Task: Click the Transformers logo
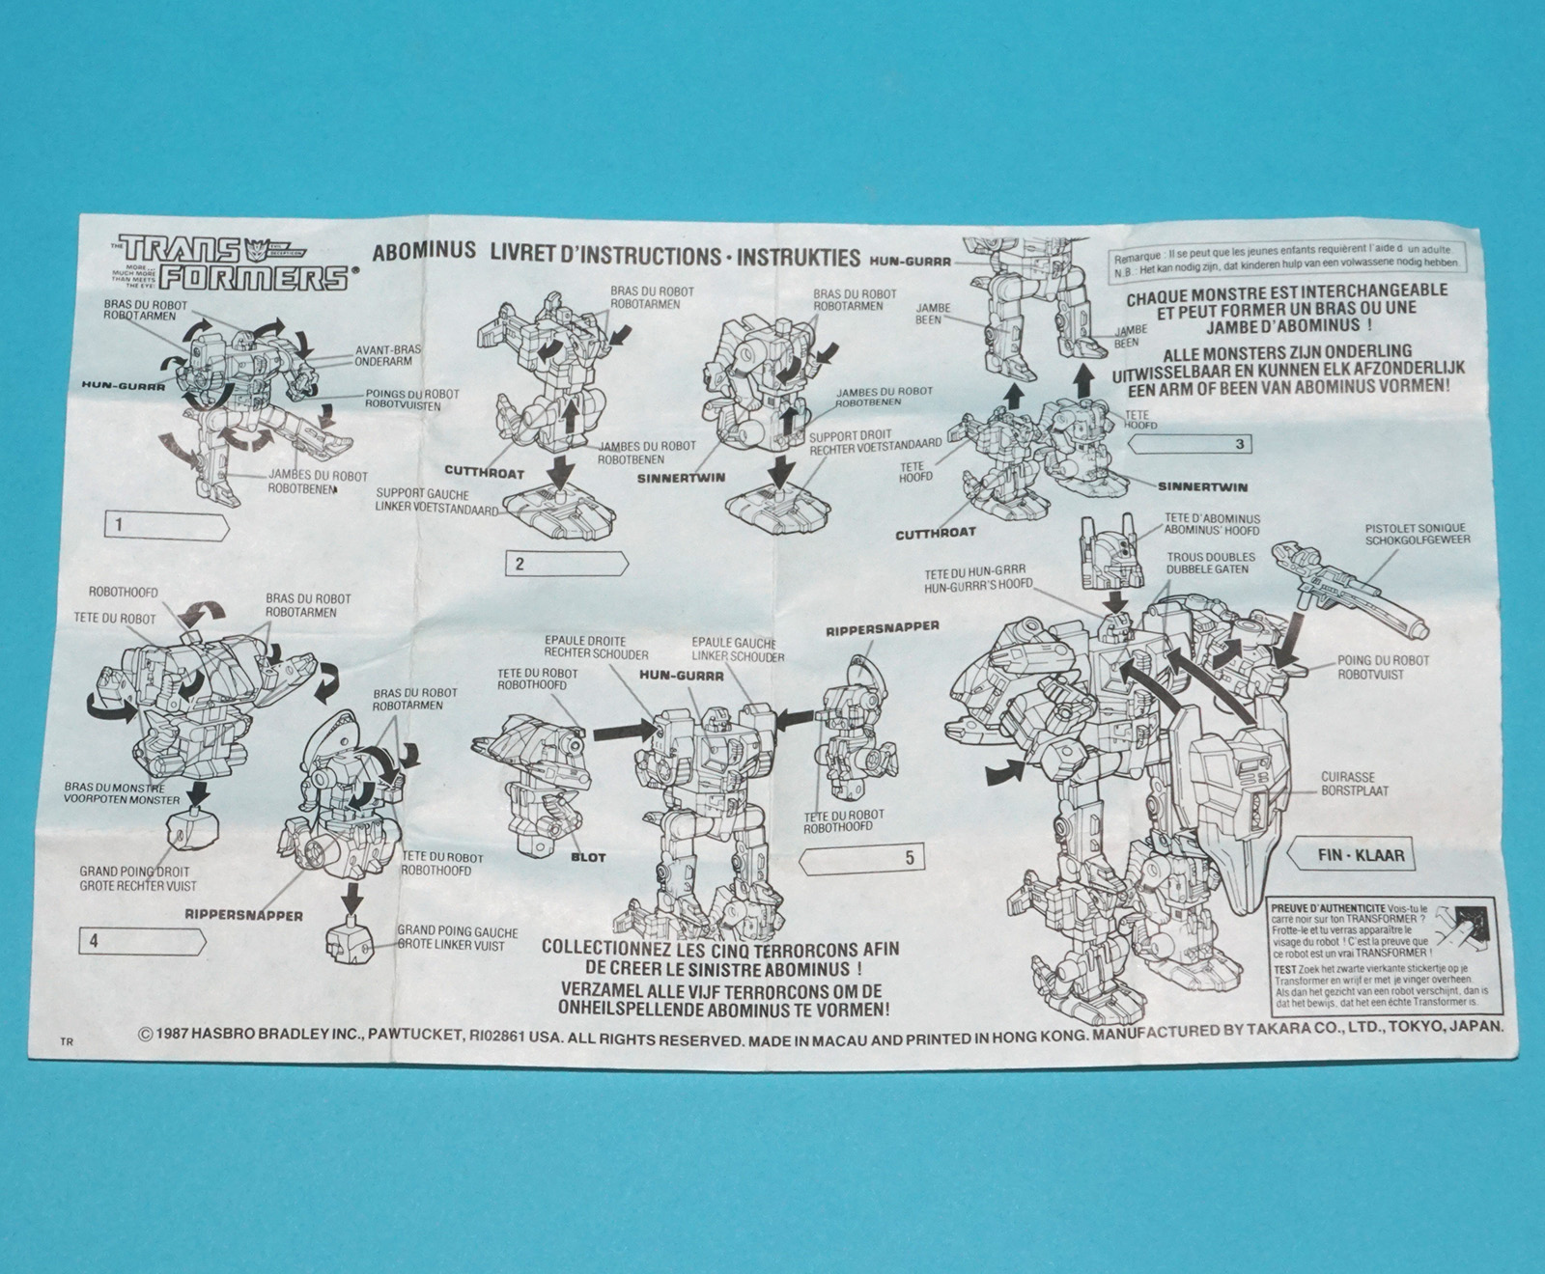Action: click(x=229, y=262)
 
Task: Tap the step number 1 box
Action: click(x=164, y=526)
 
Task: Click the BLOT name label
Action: click(x=587, y=856)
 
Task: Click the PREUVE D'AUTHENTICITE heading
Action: click(x=1329, y=909)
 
